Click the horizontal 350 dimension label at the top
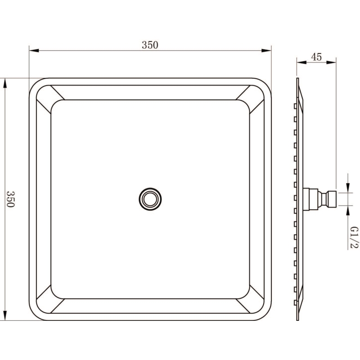coord(150,45)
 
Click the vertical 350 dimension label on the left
coord(10,199)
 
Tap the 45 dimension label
coord(316,57)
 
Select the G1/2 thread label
coord(354,238)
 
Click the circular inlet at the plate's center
coord(150,199)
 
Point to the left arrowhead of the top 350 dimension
coord(34,50)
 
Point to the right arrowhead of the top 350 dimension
coord(266,50)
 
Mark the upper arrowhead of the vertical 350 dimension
coord(5,83)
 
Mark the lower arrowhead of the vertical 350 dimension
coord(5,316)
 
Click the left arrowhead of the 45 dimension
coord(301,62)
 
